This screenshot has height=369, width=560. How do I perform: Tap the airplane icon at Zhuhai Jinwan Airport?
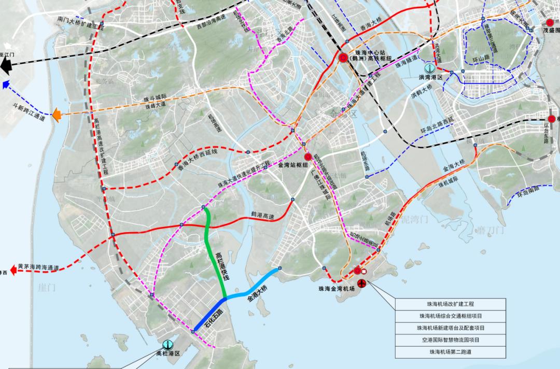click(362, 283)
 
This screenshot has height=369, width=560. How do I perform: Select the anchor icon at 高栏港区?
click(167, 345)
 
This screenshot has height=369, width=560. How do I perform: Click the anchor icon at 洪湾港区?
click(429, 67)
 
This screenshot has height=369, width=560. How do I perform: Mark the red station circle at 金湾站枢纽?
click(307, 157)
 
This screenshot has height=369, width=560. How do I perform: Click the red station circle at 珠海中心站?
click(343, 58)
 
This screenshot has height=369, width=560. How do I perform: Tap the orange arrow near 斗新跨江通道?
click(58, 113)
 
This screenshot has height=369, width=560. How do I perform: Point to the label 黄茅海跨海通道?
click(38, 267)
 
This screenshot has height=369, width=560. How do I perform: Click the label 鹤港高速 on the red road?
click(262, 214)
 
